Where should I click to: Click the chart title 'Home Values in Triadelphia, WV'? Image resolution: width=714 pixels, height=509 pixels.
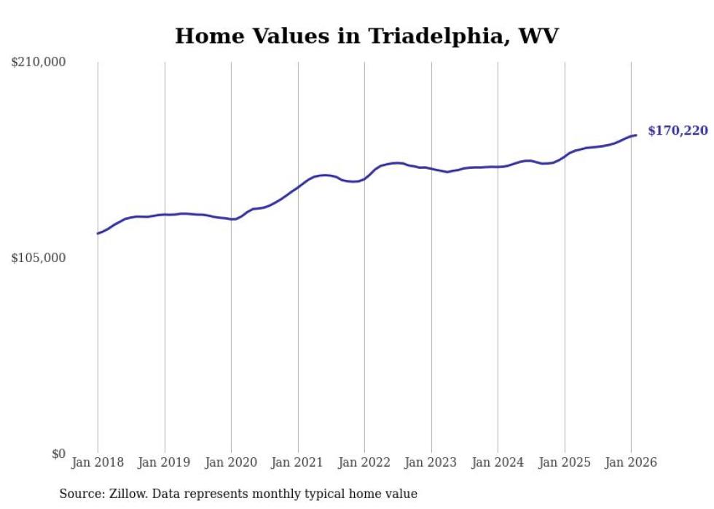pos(366,36)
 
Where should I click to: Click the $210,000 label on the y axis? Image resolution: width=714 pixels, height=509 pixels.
pos(39,63)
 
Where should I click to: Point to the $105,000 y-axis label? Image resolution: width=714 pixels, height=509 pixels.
pos(39,258)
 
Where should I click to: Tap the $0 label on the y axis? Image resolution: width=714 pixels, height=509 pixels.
pos(58,454)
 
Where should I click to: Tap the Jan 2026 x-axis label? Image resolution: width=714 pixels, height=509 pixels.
pos(631,462)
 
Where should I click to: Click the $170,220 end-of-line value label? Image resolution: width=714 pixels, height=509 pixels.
pos(678,131)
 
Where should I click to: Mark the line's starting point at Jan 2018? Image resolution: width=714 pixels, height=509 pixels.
pos(98,234)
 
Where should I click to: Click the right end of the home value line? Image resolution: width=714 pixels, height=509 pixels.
pos(636,135)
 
